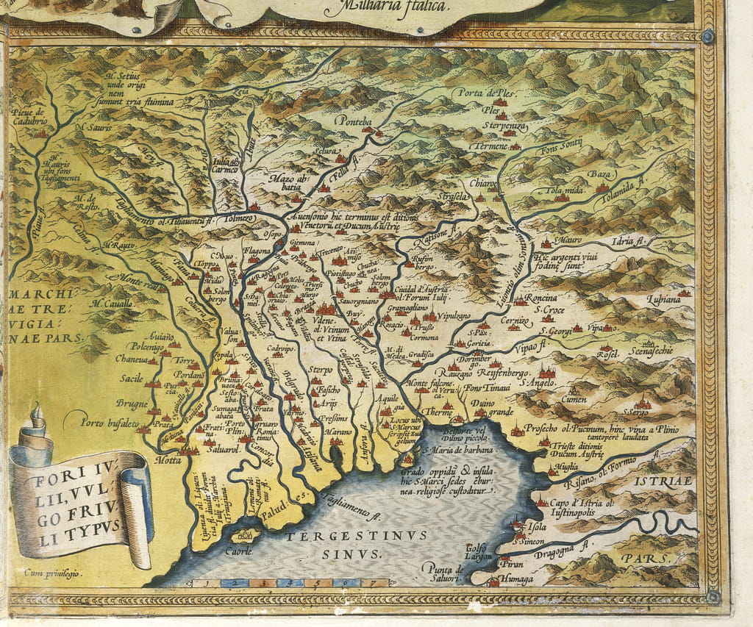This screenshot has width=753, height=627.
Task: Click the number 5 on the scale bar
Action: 318,584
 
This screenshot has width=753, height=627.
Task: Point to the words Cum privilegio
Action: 53,572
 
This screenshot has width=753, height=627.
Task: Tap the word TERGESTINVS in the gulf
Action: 356,535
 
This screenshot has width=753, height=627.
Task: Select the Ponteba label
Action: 354,120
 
